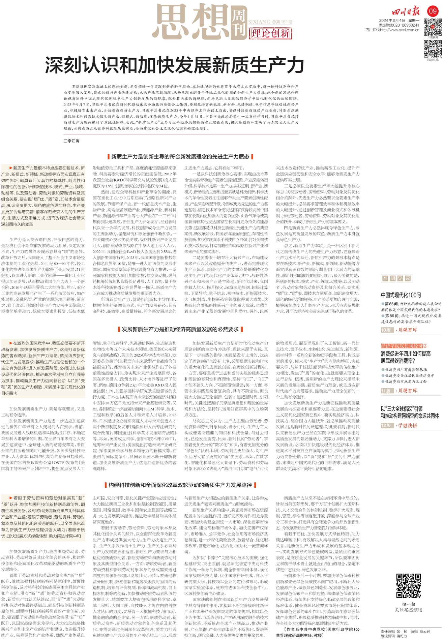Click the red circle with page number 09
(432, 11)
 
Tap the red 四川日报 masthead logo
(406, 12)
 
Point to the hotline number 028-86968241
(406, 25)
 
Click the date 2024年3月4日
(392, 21)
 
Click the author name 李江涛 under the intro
(72, 141)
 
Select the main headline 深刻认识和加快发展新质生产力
(175, 65)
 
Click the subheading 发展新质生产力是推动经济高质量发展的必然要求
(180, 329)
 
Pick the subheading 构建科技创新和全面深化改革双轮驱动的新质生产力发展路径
(180, 485)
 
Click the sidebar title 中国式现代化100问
(401, 295)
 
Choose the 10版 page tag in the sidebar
(386, 330)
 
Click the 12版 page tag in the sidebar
(386, 426)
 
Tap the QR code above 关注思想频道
(408, 586)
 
